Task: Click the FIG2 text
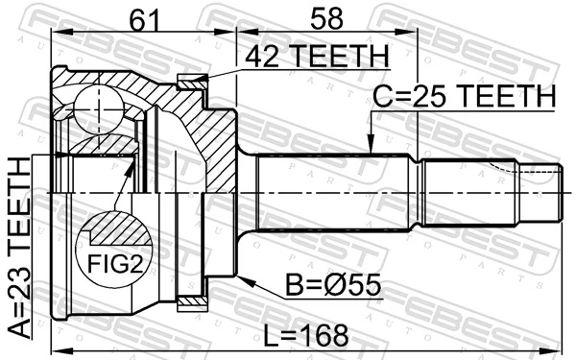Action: (x=112, y=263)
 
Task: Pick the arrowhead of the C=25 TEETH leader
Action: (x=371, y=148)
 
